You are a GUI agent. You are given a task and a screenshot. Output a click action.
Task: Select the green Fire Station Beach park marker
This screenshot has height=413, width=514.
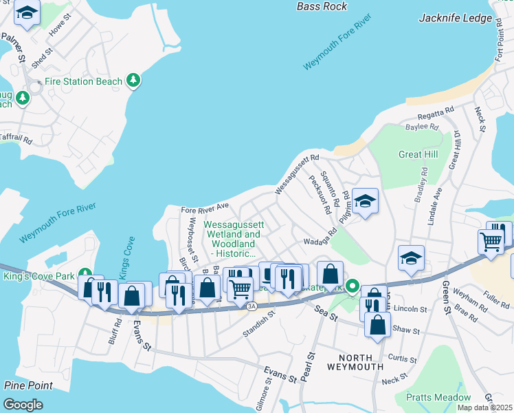pyautogui.click(x=133, y=81)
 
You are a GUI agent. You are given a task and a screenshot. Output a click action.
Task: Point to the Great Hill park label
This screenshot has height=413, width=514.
pyautogui.click(x=418, y=155)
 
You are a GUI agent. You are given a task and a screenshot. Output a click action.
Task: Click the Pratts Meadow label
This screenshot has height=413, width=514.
pyautogui.click(x=438, y=397)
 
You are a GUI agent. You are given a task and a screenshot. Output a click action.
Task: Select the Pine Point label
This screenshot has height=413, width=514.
pyautogui.click(x=27, y=385)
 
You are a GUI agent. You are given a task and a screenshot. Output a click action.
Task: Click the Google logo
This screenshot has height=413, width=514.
pyautogui.click(x=23, y=404)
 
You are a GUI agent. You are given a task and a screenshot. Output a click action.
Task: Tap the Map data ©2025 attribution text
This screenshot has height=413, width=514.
pyautogui.click(x=484, y=407)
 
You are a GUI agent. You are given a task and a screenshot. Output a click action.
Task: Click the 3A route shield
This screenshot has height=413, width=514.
pyautogui.click(x=252, y=306)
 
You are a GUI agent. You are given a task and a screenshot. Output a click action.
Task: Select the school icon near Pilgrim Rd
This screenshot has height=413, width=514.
pyautogui.click(x=366, y=202)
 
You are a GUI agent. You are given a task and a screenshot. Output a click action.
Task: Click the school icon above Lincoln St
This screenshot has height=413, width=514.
pyautogui.click(x=411, y=259)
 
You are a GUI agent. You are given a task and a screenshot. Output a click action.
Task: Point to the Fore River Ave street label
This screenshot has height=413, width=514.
pyautogui.click(x=204, y=206)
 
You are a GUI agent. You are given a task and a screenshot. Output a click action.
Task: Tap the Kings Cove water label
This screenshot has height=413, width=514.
pyautogui.click(x=126, y=257)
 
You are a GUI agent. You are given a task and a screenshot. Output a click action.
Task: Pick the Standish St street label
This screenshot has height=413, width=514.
pyautogui.click(x=258, y=324)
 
